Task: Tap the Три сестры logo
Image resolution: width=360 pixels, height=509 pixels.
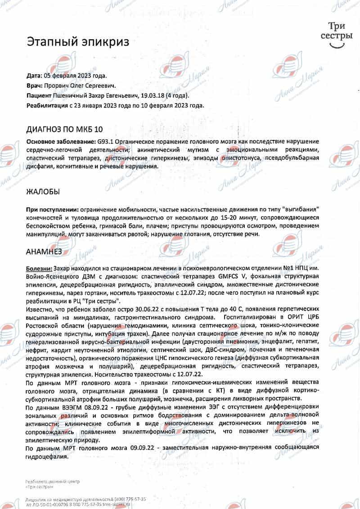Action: tap(334, 36)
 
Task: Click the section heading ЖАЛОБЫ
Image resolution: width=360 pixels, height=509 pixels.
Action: tap(44, 192)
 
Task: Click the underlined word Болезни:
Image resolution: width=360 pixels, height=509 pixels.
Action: tap(39, 268)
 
